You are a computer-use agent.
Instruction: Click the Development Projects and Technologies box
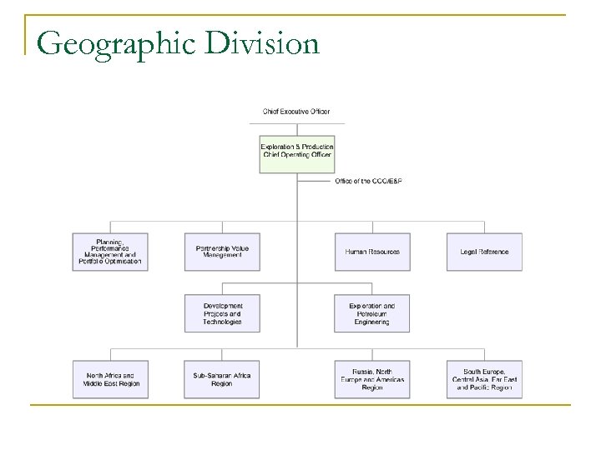tap(222, 313)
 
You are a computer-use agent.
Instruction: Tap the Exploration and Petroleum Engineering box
tap(372, 313)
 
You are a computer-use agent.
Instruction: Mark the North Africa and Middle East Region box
tap(110, 379)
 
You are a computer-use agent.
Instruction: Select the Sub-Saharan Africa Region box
tap(222, 379)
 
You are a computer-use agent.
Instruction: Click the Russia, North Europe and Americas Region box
tap(372, 379)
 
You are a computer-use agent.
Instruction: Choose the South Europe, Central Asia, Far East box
tap(484, 379)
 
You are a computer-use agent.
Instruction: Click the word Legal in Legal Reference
tap(468, 251)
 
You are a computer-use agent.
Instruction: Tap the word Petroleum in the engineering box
tap(372, 313)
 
